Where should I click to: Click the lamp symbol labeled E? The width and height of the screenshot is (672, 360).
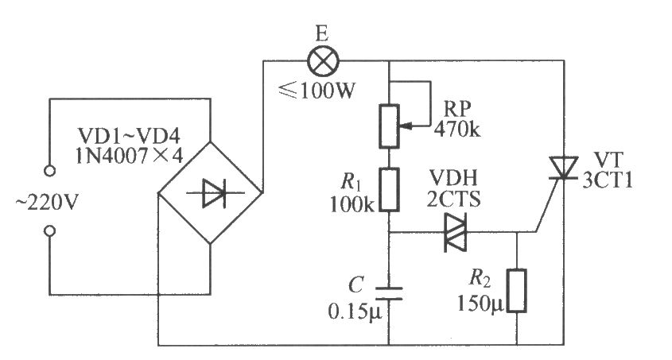point(321,59)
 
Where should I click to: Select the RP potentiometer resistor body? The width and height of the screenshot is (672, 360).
point(389,126)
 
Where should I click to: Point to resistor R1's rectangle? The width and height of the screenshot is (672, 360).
point(389,188)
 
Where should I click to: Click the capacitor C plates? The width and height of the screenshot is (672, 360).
point(389,292)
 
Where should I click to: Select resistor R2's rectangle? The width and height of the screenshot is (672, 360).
point(517,292)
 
